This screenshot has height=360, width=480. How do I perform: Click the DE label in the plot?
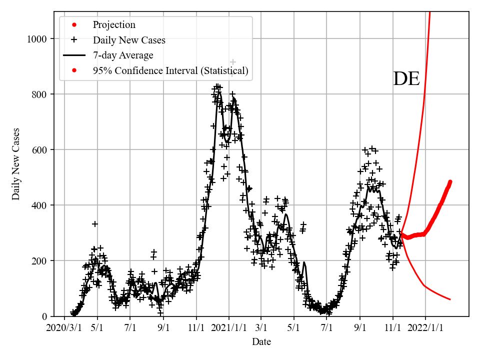(406, 79)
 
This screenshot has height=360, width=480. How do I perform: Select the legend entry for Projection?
(113, 24)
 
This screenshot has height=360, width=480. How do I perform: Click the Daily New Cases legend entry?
(128, 40)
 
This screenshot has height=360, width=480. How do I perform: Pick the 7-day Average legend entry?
(122, 55)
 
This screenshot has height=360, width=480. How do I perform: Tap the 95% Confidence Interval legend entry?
(170, 71)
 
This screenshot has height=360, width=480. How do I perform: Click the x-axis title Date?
(261, 342)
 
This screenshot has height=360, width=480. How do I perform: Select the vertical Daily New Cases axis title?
(16, 163)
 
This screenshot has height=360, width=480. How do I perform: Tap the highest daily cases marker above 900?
(232, 61)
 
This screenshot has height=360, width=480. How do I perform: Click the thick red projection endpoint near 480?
(450, 182)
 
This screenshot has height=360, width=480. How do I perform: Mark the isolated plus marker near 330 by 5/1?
(95, 223)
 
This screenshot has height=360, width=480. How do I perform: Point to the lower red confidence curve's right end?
(450, 299)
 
